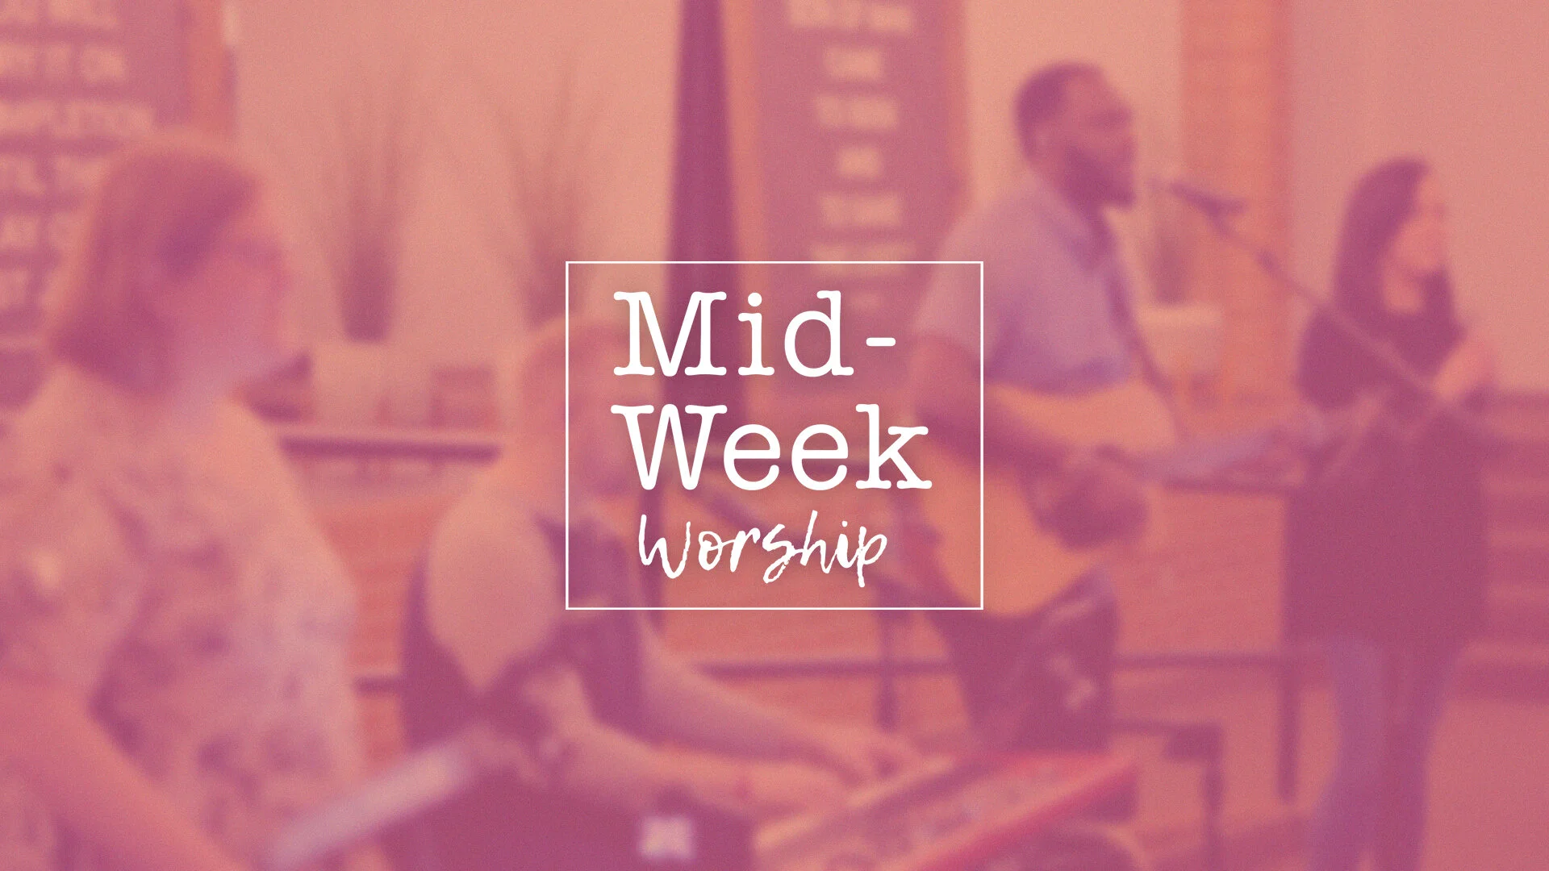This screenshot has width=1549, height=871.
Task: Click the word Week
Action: coord(779,447)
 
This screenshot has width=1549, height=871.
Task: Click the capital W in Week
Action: coord(682,447)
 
